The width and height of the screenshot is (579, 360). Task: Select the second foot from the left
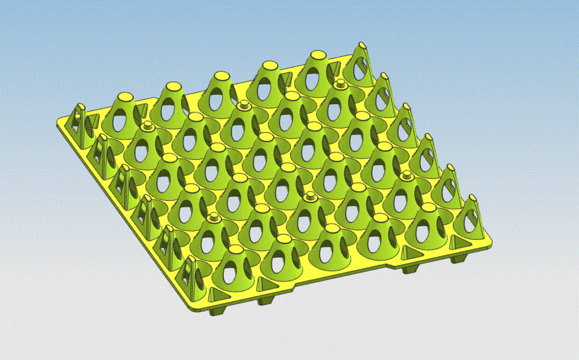265,299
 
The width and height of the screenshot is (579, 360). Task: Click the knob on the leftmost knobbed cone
147,127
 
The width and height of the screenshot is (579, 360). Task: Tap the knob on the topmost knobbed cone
341,83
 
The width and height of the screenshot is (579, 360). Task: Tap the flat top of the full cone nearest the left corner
125,97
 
